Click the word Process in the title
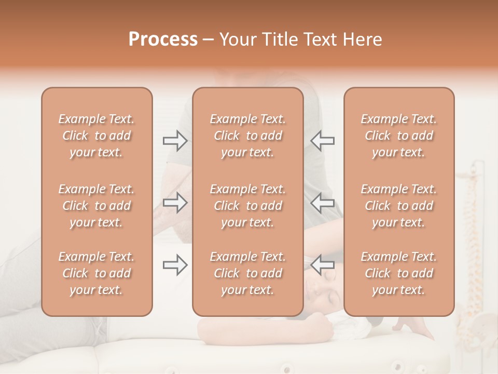pos(163,39)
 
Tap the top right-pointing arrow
pos(175,140)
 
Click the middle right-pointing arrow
pos(175,203)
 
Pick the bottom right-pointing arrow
pos(175,265)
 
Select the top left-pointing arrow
pos(323,140)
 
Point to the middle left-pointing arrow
pos(323,203)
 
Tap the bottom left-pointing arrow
pos(323,265)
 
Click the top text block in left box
pos(96,136)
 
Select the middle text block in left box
pos(96,206)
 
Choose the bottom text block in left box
pos(96,273)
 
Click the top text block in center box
pos(248,136)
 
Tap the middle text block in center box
pos(248,206)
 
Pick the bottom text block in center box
pos(248,273)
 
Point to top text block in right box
pos(399,136)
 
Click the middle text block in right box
pos(399,206)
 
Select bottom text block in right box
pos(399,273)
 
